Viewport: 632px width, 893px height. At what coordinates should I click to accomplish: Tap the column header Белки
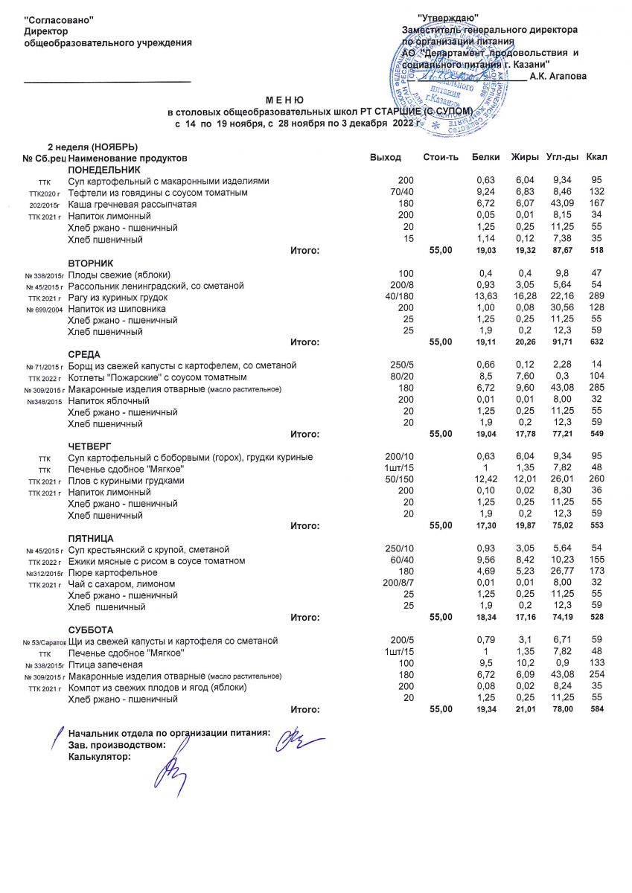(485, 158)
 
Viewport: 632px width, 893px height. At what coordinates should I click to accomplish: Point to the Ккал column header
(596, 158)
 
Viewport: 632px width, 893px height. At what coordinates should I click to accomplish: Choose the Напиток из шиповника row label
(117, 309)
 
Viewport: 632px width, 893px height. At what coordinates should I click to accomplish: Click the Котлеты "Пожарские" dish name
(121, 377)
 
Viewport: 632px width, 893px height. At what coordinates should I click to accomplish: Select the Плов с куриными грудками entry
(125, 481)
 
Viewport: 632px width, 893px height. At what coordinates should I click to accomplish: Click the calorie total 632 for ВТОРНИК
(596, 343)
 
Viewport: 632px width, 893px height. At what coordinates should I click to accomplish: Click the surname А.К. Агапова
(558, 77)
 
